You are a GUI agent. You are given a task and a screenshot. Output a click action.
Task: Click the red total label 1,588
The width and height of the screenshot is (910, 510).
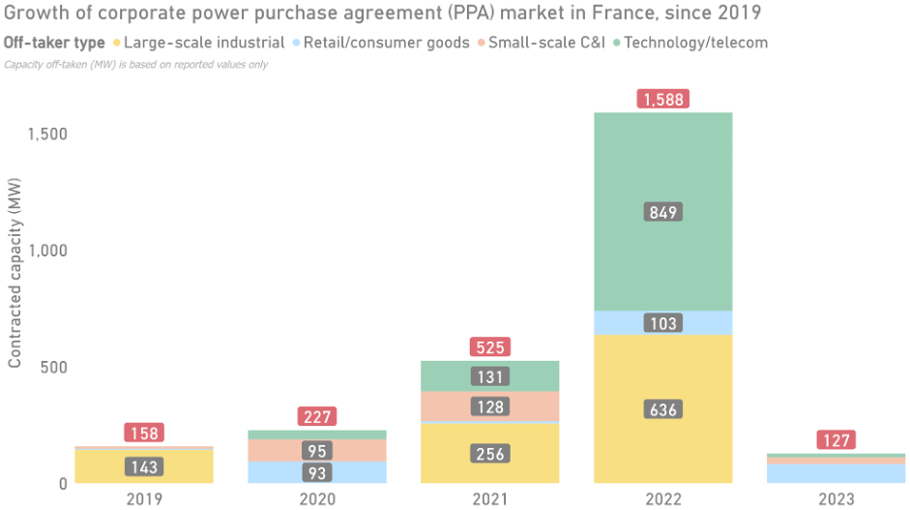[663, 99]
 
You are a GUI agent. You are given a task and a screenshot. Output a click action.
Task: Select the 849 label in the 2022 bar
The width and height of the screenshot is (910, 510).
[663, 212]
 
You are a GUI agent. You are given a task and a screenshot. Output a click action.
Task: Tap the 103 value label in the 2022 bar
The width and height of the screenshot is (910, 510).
[663, 323]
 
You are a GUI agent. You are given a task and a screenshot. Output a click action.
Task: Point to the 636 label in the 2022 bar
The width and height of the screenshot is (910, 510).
[663, 409]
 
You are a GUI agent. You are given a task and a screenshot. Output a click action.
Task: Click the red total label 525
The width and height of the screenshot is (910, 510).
[490, 346]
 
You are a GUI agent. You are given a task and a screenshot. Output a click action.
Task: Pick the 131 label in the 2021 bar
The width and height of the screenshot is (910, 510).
[490, 376]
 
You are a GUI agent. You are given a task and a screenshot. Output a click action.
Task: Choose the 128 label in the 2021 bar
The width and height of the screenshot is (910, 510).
[490, 406]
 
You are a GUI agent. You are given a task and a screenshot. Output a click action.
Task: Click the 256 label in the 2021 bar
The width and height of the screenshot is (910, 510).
[490, 453]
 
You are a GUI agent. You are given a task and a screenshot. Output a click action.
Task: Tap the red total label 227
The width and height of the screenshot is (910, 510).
[317, 416]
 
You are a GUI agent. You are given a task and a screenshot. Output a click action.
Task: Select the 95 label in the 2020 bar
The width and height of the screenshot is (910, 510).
[317, 450]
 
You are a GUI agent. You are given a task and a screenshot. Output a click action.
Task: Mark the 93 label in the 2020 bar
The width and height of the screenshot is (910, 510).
[317, 473]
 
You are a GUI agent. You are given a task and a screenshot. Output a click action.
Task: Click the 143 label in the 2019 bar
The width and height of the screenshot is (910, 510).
[144, 466]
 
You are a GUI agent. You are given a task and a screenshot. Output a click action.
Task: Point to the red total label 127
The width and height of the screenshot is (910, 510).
[837, 440]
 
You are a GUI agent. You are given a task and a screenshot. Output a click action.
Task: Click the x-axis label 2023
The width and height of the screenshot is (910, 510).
[837, 498]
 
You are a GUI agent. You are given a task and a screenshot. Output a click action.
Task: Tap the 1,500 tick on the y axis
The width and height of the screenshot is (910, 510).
[47, 134]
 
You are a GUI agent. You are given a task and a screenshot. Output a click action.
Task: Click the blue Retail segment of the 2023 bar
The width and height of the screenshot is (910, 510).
[837, 473]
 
